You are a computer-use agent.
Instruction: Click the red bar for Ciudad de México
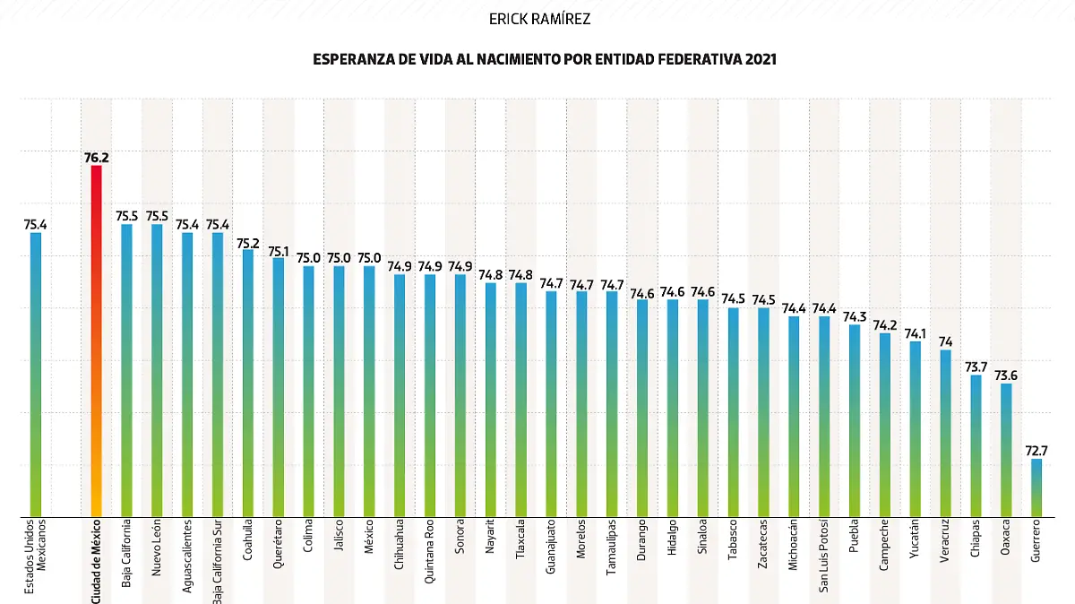pyautogui.click(x=96, y=341)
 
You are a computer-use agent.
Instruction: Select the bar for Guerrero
pyautogui.click(x=1036, y=488)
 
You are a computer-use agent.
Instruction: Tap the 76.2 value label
pyautogui.click(x=96, y=158)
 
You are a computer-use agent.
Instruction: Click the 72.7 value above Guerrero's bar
pyautogui.click(x=1036, y=451)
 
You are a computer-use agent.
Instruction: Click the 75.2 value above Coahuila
pyautogui.click(x=248, y=242)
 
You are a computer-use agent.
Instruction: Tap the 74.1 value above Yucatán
pyautogui.click(x=915, y=333)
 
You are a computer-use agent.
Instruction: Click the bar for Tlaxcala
pyautogui.click(x=521, y=400)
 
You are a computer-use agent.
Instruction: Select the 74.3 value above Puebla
pyautogui.click(x=855, y=316)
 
